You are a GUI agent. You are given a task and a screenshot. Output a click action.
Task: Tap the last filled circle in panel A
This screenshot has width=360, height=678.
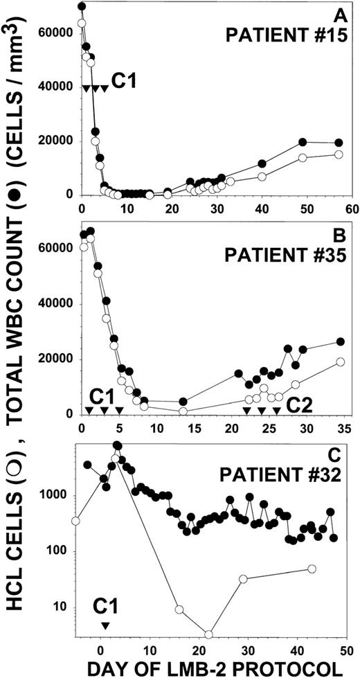pos(338,143)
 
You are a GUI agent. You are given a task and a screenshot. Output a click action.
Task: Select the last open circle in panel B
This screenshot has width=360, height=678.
pos(340,362)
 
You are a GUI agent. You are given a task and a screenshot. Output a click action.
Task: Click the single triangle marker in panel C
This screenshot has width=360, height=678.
pos(105,625)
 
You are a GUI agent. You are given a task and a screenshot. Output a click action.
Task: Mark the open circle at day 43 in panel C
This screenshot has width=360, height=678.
pos(311,569)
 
